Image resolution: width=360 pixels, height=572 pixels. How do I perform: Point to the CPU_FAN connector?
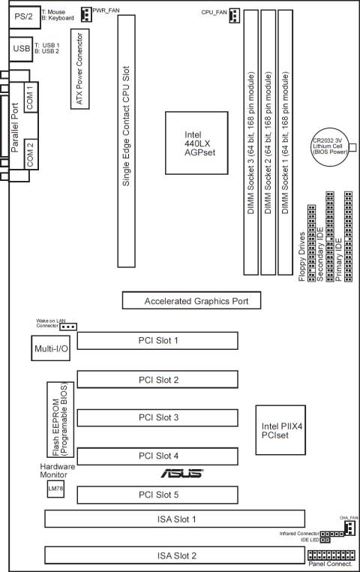pos(235,16)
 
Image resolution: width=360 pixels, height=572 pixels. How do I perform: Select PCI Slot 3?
pos(158,417)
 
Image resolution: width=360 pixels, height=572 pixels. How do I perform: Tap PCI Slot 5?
pos(158,495)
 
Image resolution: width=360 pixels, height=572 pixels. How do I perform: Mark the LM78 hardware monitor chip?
pos(55,489)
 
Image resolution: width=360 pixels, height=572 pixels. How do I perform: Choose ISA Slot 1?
pos(174,519)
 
